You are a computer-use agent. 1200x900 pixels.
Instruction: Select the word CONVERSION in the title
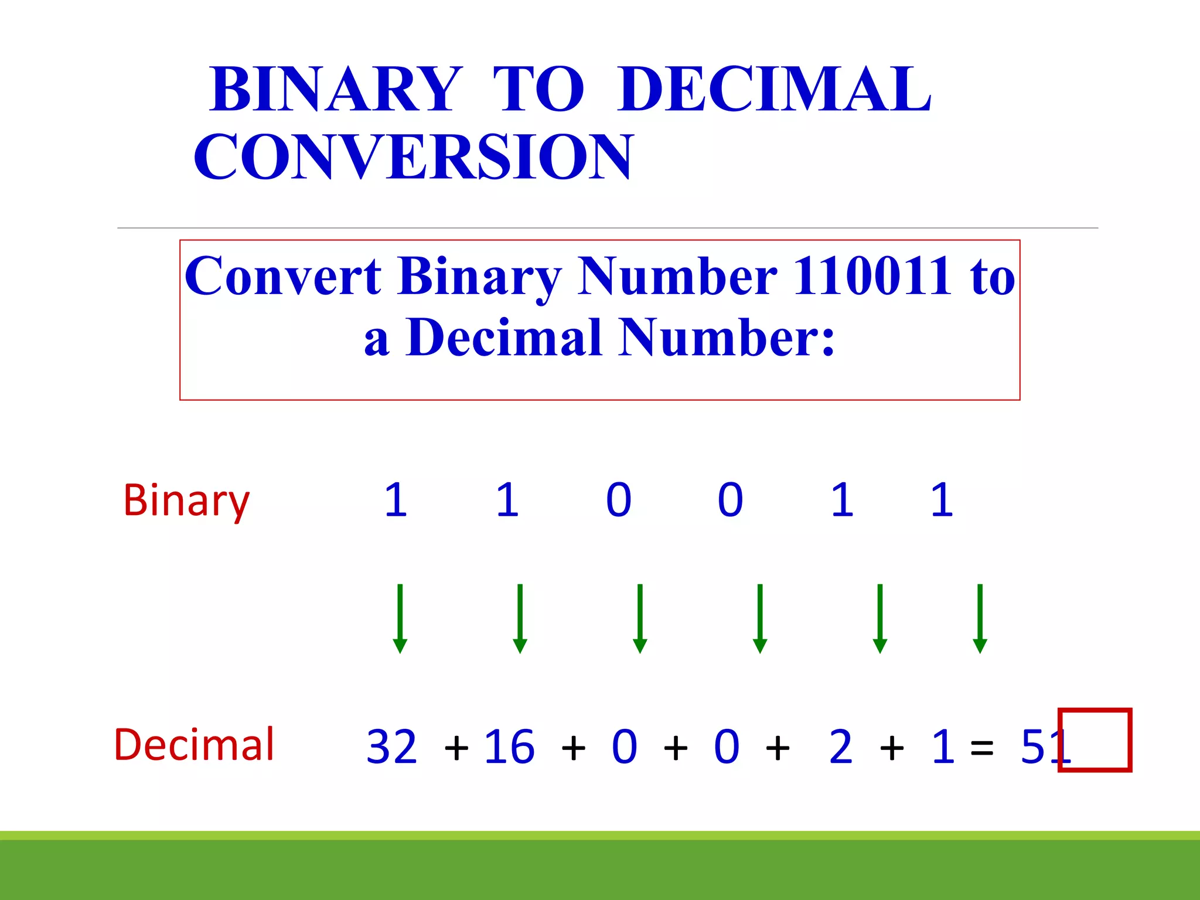[x=414, y=156]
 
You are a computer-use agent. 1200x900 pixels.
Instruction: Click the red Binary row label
[x=186, y=501]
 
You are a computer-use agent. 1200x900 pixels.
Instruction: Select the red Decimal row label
[x=194, y=745]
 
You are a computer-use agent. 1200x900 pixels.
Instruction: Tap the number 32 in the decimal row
[x=391, y=747]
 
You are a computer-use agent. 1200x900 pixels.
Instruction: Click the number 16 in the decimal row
[x=509, y=747]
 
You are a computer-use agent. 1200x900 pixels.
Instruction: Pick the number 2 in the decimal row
[x=841, y=747]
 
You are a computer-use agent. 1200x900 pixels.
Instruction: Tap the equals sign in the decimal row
[x=982, y=748]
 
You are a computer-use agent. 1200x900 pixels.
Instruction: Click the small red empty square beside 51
[x=1095, y=740]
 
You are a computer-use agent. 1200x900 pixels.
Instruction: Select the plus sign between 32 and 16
[x=456, y=748]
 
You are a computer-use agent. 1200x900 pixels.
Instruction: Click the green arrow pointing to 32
[x=400, y=618]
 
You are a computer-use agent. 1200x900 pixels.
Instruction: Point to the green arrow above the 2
[x=879, y=618]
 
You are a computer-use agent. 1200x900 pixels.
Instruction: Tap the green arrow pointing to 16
[x=520, y=618]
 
